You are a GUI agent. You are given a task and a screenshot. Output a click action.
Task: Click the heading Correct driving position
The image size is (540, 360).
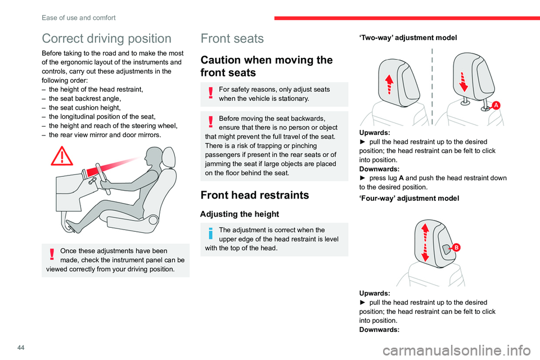point(106,39)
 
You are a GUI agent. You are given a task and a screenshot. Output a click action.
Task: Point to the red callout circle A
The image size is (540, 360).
point(496,106)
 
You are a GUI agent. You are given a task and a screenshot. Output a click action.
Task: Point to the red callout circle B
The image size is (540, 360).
point(456,247)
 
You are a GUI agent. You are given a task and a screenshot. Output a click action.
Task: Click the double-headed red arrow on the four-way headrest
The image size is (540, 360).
point(425,242)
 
